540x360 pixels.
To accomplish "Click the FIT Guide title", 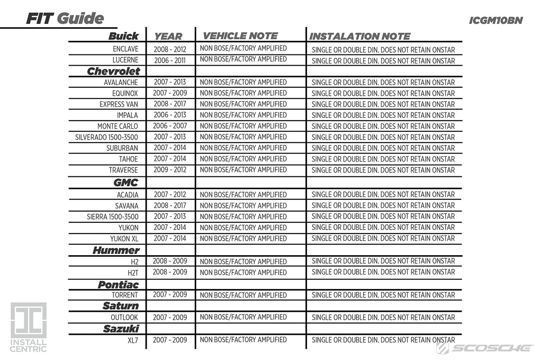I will point(65,18).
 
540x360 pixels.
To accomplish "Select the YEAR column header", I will point(168,36).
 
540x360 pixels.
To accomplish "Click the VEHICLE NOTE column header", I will point(240,36).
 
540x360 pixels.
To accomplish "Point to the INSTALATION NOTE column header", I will point(360,36).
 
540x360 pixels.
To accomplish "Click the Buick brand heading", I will point(124,36).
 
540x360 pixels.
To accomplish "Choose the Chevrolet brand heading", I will point(113,71).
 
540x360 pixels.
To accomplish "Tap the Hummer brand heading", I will point(116,250).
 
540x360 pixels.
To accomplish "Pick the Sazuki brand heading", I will point(121,328).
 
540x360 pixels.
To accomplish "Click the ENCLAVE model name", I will point(126,49).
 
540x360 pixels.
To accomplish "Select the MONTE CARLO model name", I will point(118,126).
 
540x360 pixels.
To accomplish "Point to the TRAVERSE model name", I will point(123,170).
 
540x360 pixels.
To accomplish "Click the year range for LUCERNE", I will point(170,60).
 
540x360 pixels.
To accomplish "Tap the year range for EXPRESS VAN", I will point(170,104).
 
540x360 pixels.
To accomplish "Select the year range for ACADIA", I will point(170,194).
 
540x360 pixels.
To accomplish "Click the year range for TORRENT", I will point(170,295).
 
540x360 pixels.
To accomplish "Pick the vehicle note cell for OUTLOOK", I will point(243,317).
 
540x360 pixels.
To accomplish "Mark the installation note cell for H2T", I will point(383,272).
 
